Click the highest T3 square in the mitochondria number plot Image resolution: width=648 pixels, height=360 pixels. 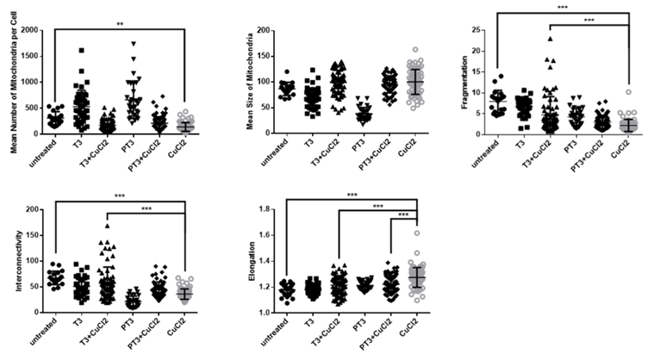click(82, 51)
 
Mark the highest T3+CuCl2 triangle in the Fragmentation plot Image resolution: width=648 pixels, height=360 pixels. click(549, 39)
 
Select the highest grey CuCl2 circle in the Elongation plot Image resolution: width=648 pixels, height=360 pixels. click(416, 233)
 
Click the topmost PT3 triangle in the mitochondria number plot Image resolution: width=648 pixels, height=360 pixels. click(134, 43)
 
